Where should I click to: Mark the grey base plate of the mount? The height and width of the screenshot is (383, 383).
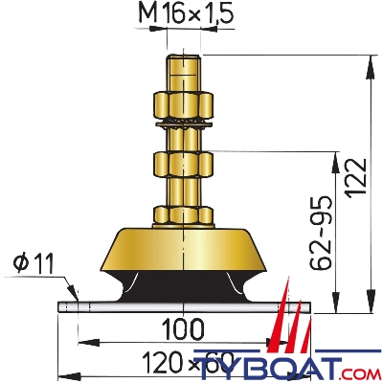pyautogui.click(x=96, y=306)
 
